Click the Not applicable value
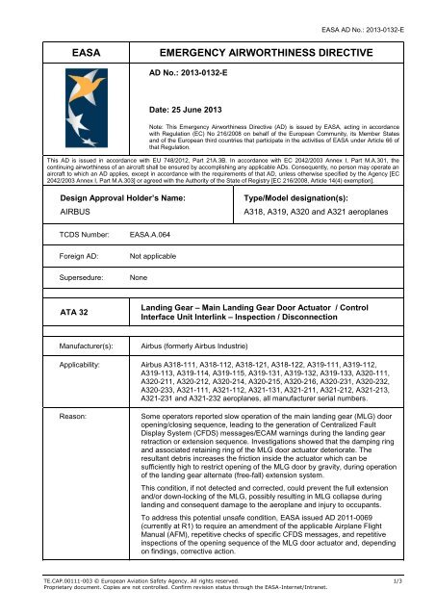(160, 285)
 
